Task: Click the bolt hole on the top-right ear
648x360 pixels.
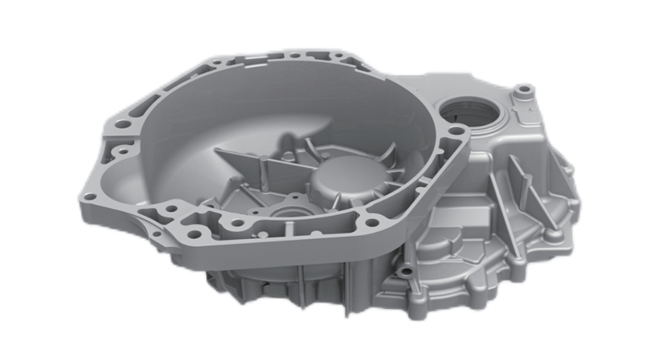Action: (x=524, y=91)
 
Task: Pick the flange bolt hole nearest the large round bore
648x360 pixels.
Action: (x=454, y=130)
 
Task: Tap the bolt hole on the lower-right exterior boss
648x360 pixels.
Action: (x=408, y=271)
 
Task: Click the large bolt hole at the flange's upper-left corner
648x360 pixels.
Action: (x=123, y=124)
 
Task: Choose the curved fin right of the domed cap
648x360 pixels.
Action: (x=390, y=154)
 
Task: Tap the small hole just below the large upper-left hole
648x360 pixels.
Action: (x=124, y=152)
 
